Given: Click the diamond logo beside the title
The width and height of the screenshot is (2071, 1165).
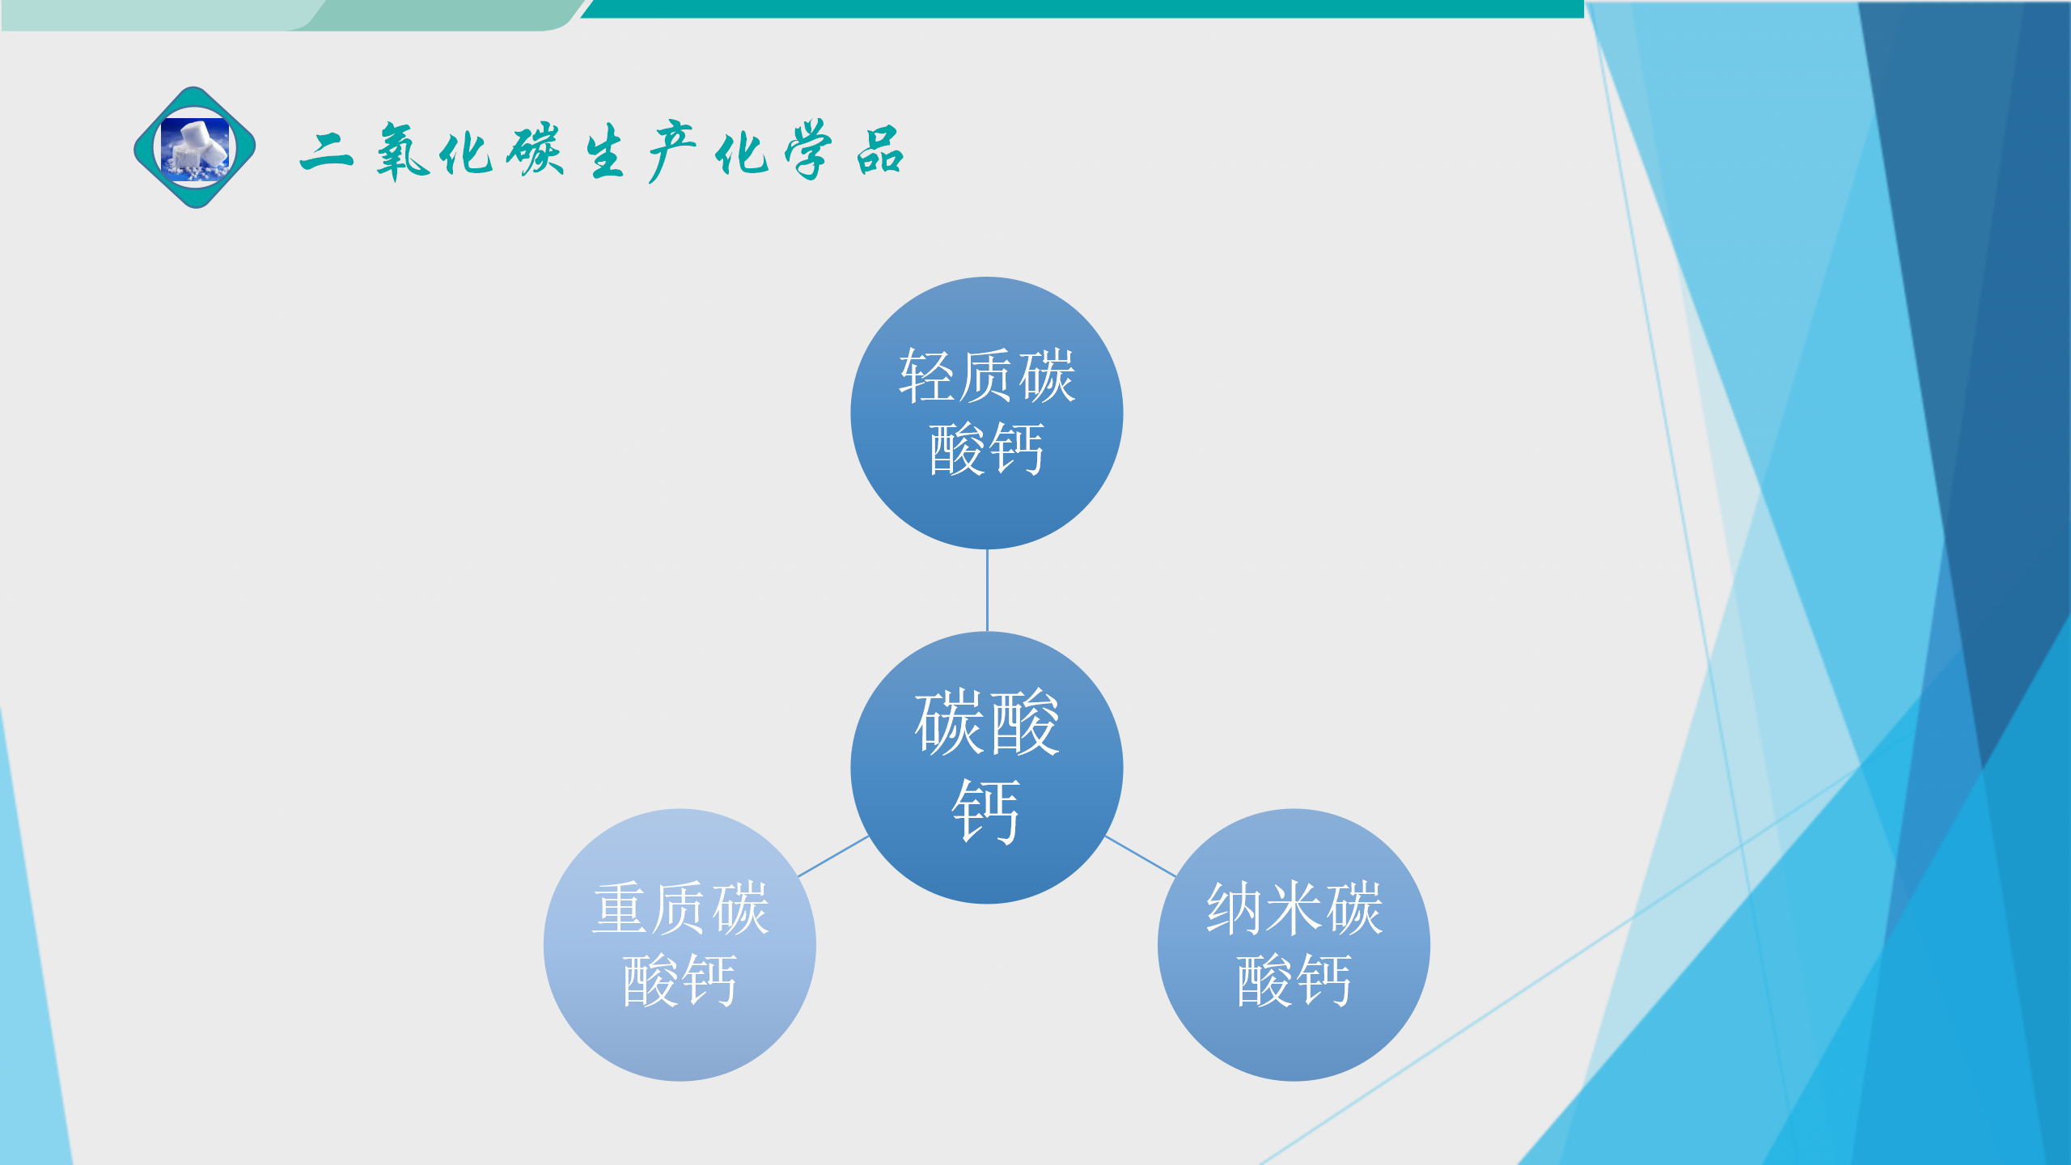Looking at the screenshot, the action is pos(195,147).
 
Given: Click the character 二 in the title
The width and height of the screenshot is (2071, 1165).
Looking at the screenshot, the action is pos(327,152).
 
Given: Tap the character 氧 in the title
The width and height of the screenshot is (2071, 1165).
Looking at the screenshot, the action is pos(402,151).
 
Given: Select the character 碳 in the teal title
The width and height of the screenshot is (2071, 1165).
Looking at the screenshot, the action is pos(535,149).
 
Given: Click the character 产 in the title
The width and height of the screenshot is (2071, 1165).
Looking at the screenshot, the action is pos(671,151).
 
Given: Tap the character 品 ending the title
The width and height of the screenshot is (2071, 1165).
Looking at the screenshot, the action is pos(880,150).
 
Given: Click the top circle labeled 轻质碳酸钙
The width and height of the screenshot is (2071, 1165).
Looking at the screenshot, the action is pos(987,413).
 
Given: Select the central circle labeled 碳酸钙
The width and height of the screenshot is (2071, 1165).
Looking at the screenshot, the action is pos(987,768).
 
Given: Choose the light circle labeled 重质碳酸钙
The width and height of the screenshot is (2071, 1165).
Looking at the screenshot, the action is pos(680,945).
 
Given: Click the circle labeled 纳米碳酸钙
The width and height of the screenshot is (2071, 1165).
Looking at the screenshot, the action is pos(1294,945).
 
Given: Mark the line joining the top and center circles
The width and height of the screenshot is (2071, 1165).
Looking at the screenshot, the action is pos(987,591).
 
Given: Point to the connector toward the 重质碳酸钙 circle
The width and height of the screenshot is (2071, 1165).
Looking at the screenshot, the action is pos(833,856).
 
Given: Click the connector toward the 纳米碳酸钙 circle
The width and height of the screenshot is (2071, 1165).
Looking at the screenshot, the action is pos(1141,856).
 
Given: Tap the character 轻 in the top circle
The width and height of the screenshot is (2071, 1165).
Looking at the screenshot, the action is pos(928,376).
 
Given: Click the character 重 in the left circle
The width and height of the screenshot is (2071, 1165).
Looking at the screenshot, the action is pos(620,909).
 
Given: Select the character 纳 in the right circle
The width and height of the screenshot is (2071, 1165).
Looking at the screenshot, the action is pos(1235,909).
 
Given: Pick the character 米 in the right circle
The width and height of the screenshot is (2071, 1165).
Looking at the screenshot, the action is pos(1294,909).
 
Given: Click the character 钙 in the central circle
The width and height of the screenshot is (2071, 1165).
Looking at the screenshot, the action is pos(986,811).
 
